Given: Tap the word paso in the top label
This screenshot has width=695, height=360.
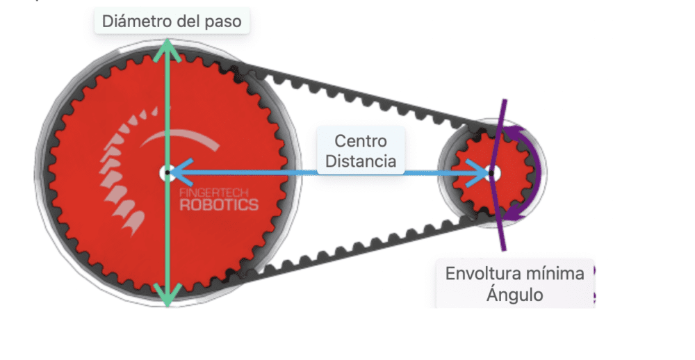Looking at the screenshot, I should [223, 21].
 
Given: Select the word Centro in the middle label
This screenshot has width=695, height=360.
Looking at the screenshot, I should [360, 141].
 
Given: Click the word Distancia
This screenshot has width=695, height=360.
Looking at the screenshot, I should [361, 161].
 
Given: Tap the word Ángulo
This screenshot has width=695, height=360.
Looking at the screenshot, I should [514, 294].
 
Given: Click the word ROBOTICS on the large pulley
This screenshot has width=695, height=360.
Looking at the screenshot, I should [218, 205].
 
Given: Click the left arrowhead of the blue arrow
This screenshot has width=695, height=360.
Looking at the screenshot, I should [177, 172].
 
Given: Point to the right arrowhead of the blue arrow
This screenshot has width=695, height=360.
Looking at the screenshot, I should [481, 172].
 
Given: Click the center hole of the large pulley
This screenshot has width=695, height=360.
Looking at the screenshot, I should [167, 172].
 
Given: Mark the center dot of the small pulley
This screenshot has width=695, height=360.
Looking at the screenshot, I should [491, 172].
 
